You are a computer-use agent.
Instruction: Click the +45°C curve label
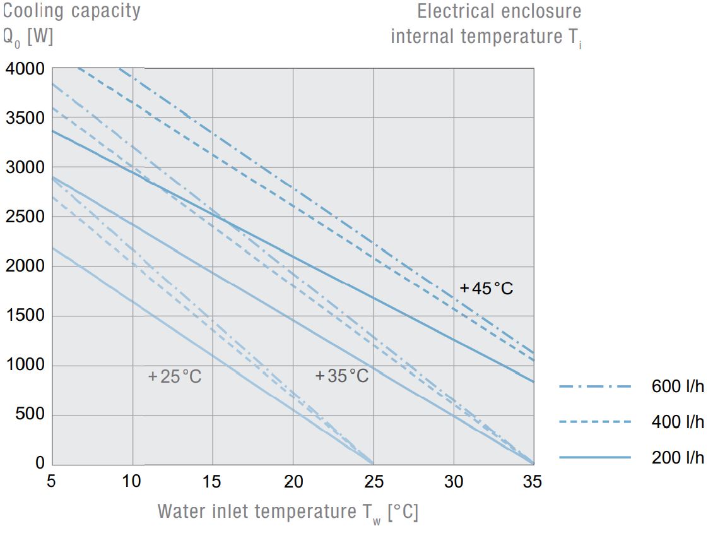486,289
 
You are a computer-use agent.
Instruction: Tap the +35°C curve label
341,376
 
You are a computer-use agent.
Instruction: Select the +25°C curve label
175,377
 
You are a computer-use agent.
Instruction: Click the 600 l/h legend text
678,386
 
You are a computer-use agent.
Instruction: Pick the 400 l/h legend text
678,422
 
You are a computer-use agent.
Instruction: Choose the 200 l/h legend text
678,457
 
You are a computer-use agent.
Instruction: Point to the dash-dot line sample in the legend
595,386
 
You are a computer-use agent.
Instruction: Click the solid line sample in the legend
595,457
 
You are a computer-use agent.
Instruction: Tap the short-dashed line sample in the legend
595,422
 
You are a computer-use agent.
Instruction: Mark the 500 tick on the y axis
30,414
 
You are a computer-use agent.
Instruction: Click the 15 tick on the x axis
212,482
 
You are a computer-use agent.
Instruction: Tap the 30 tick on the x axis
454,482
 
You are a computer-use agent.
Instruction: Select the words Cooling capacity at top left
72,11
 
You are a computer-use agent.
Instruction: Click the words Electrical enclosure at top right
499,11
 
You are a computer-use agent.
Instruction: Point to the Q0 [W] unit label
28,37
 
